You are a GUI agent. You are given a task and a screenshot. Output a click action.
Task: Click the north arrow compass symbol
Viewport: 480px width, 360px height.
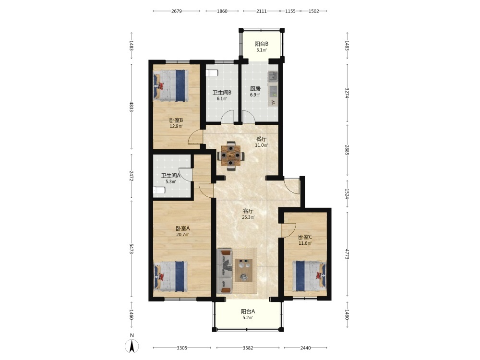(132, 346)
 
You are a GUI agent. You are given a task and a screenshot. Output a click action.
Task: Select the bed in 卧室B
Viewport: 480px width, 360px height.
(170, 86)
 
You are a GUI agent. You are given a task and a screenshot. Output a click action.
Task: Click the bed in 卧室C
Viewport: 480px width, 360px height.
(309, 276)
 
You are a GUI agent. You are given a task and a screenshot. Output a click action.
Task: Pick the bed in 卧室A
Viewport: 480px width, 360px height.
(170, 276)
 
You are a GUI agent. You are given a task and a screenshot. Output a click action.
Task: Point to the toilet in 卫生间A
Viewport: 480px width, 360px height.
(159, 191)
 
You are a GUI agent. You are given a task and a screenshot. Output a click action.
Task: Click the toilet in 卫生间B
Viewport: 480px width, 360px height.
(212, 73)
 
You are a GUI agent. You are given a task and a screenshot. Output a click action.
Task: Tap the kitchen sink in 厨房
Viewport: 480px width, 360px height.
(273, 76)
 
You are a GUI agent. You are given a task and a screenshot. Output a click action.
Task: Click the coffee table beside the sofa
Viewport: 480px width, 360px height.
(244, 270)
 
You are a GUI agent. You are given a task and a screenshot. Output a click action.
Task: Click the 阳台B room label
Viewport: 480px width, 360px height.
(262, 44)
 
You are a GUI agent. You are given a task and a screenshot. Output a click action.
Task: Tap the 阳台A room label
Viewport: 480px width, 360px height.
(248, 312)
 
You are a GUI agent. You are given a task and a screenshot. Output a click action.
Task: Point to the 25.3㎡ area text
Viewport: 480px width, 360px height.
(248, 217)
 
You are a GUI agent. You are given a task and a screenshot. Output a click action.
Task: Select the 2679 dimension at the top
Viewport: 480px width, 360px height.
(177, 11)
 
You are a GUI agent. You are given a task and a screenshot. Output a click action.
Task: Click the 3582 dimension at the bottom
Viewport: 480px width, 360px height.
(248, 348)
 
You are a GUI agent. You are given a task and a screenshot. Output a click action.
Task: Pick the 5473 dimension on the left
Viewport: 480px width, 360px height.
(132, 249)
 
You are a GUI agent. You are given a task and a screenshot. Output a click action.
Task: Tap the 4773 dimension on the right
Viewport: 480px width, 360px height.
(347, 254)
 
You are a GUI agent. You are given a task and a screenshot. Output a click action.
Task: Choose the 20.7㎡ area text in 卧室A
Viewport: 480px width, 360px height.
(182, 235)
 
